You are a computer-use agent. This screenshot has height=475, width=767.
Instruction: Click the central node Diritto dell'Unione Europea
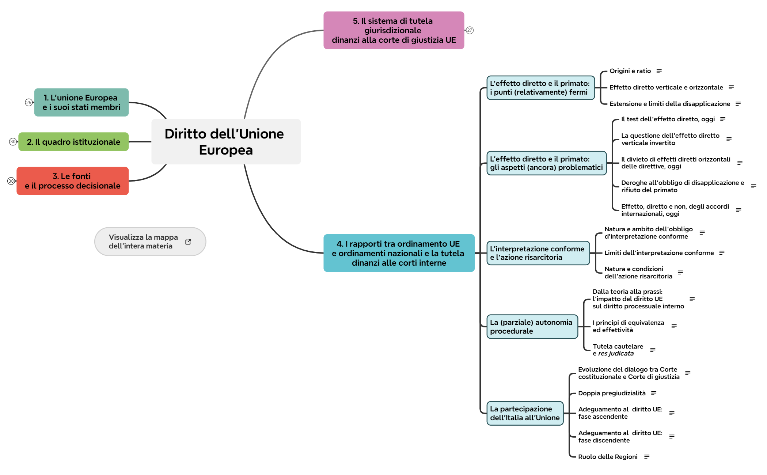pos(226,142)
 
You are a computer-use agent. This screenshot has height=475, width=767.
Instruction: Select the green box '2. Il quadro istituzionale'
pos(73,142)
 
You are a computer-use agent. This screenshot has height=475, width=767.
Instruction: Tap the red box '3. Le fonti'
pos(72,181)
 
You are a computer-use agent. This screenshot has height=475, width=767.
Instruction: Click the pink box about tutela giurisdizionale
pos(394,30)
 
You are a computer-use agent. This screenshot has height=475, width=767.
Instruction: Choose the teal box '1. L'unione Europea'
pos(81,102)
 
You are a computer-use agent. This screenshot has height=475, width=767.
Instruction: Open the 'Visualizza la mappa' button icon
pos(188,242)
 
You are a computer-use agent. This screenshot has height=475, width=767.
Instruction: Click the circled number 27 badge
pos(470,30)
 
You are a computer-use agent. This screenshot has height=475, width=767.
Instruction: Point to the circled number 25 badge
pos(29,103)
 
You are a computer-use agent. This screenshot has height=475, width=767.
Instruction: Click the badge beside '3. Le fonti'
pos(11,181)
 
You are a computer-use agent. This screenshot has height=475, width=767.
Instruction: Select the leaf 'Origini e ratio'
pos(630,71)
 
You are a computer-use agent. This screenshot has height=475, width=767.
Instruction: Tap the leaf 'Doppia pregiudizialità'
pos(612,393)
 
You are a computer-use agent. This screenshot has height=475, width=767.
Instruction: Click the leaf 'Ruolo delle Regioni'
pos(608,457)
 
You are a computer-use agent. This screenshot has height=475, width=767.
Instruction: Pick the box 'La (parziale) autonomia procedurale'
pos(532,327)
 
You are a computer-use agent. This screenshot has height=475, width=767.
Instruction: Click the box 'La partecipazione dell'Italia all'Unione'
pos(525,413)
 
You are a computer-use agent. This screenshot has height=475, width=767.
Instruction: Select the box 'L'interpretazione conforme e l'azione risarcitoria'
pos(538,253)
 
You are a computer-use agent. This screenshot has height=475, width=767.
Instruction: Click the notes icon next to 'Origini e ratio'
pos(659,71)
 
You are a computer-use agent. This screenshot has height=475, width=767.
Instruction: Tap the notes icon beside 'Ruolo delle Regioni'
pos(647,457)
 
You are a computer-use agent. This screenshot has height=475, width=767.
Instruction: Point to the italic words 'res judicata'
pos(616,353)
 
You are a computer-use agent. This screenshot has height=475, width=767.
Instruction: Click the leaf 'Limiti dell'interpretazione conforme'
pos(659,253)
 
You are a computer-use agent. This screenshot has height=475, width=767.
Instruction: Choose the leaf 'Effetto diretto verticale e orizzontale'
pos(666,87)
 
